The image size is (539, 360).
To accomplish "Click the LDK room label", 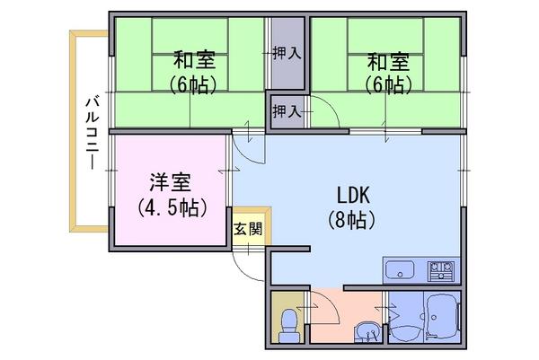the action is point(353,195).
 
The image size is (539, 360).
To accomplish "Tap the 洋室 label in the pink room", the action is point(171,182).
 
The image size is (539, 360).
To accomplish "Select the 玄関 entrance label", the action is point(248,229).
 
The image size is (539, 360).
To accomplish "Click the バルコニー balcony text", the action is point(93,133).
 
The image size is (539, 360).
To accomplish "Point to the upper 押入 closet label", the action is point(287,53).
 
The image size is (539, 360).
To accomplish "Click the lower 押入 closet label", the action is point(287,111).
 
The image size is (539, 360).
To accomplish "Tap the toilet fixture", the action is point(288,326).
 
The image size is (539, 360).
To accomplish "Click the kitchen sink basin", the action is point(400,269).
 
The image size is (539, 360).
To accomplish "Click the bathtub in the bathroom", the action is point(442,317).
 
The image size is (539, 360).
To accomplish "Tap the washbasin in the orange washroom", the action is point(367,331).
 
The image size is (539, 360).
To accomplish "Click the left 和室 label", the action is point(194,60).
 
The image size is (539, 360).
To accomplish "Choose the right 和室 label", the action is point(388,61).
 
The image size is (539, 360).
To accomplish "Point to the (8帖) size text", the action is point(351,220).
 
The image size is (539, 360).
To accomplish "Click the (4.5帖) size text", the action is point(172,207).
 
